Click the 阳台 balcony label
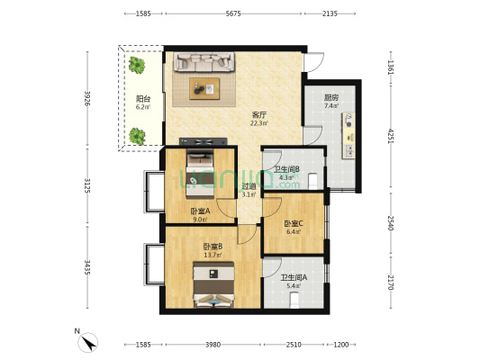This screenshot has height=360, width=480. point(143,99)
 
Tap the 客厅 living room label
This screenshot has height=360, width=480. point(259,115)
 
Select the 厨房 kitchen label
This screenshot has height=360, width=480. point(331,98)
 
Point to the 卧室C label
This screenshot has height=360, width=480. point(294,223)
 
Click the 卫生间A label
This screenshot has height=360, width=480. point(294,278)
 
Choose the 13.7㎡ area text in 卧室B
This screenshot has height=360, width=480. point(213,255)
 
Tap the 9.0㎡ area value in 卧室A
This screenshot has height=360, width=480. point(200,219)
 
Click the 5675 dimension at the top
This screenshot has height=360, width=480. point(233,13)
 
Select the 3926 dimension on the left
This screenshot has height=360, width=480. point(87,98)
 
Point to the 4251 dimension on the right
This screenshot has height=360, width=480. point(391,136)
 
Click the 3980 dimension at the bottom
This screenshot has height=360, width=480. point(213,345)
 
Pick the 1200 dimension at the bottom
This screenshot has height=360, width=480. point(341,345)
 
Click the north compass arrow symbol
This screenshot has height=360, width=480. point(88,343)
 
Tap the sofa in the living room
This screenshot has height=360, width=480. point(204,62)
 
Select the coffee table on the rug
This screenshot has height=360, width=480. point(204,88)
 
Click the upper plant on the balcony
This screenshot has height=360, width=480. point(137,65)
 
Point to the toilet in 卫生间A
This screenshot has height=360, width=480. point(294,300)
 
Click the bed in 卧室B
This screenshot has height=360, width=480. point(213,284)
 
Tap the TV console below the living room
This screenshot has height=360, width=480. point(204,141)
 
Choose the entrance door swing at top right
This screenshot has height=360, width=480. point(314,62)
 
